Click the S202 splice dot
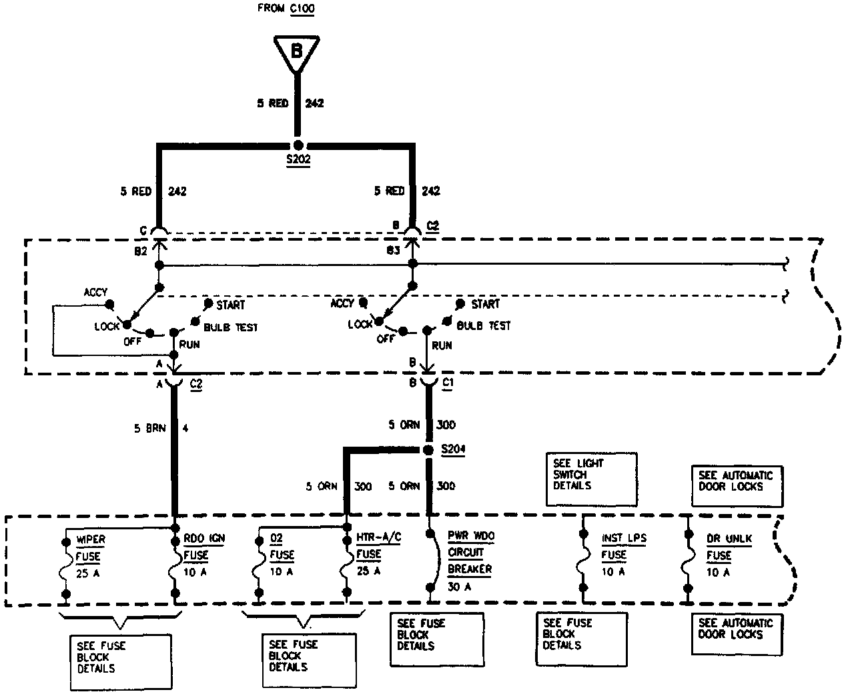(298, 145)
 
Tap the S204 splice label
(453, 450)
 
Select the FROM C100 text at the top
(286, 9)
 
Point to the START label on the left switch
(230, 305)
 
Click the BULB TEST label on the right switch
(484, 326)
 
